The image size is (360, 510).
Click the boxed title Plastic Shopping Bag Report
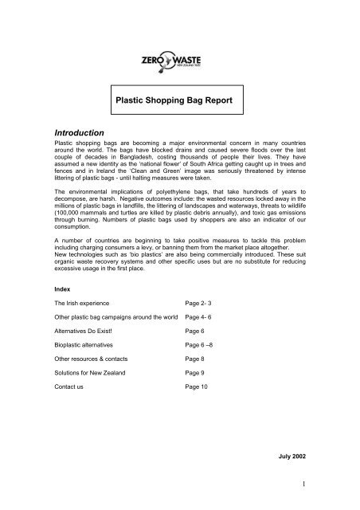click(x=180, y=103)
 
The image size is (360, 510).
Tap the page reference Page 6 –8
click(x=202, y=391)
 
